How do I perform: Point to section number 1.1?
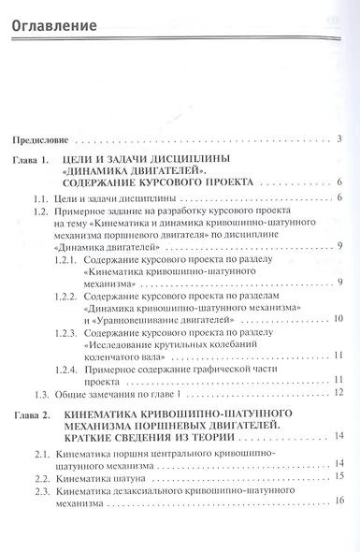40,198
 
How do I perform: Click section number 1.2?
40,212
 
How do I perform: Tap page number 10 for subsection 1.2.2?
338,319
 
